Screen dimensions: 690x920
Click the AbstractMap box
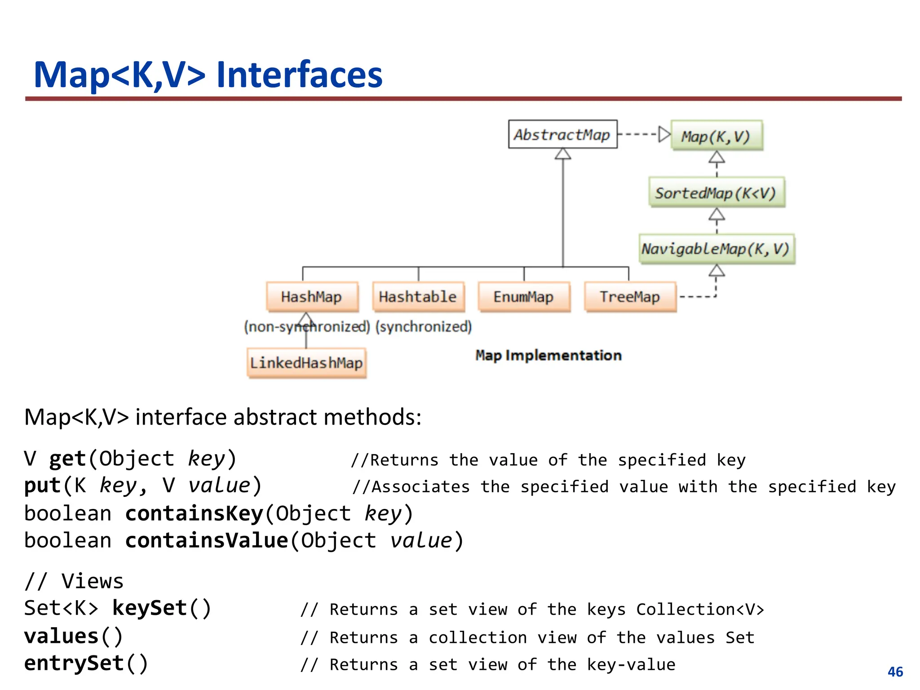click(x=562, y=134)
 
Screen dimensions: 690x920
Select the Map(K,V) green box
click(x=717, y=136)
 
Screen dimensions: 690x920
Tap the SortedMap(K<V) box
click(x=717, y=193)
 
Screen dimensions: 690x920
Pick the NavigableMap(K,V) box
click(x=717, y=249)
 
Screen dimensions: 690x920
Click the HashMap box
click(x=312, y=296)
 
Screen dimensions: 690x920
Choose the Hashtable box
click(x=418, y=296)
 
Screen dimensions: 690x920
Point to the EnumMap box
click(x=524, y=296)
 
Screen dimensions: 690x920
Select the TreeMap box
click(x=630, y=296)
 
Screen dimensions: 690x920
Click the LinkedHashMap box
click(x=306, y=363)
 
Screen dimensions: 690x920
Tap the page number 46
click(x=895, y=672)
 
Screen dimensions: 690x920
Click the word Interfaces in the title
click(x=299, y=75)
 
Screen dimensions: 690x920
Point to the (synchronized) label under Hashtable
click(x=424, y=327)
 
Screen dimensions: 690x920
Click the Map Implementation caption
click(x=548, y=355)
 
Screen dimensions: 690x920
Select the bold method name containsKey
click(x=194, y=513)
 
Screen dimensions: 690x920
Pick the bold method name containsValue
click(x=207, y=540)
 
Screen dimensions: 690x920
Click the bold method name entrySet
click(x=74, y=663)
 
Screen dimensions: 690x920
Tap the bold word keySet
click(x=150, y=608)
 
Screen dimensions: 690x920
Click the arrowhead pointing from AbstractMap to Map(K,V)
click(x=664, y=134)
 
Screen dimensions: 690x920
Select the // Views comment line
click(x=74, y=581)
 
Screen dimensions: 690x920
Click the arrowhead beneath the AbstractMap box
click(x=562, y=154)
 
